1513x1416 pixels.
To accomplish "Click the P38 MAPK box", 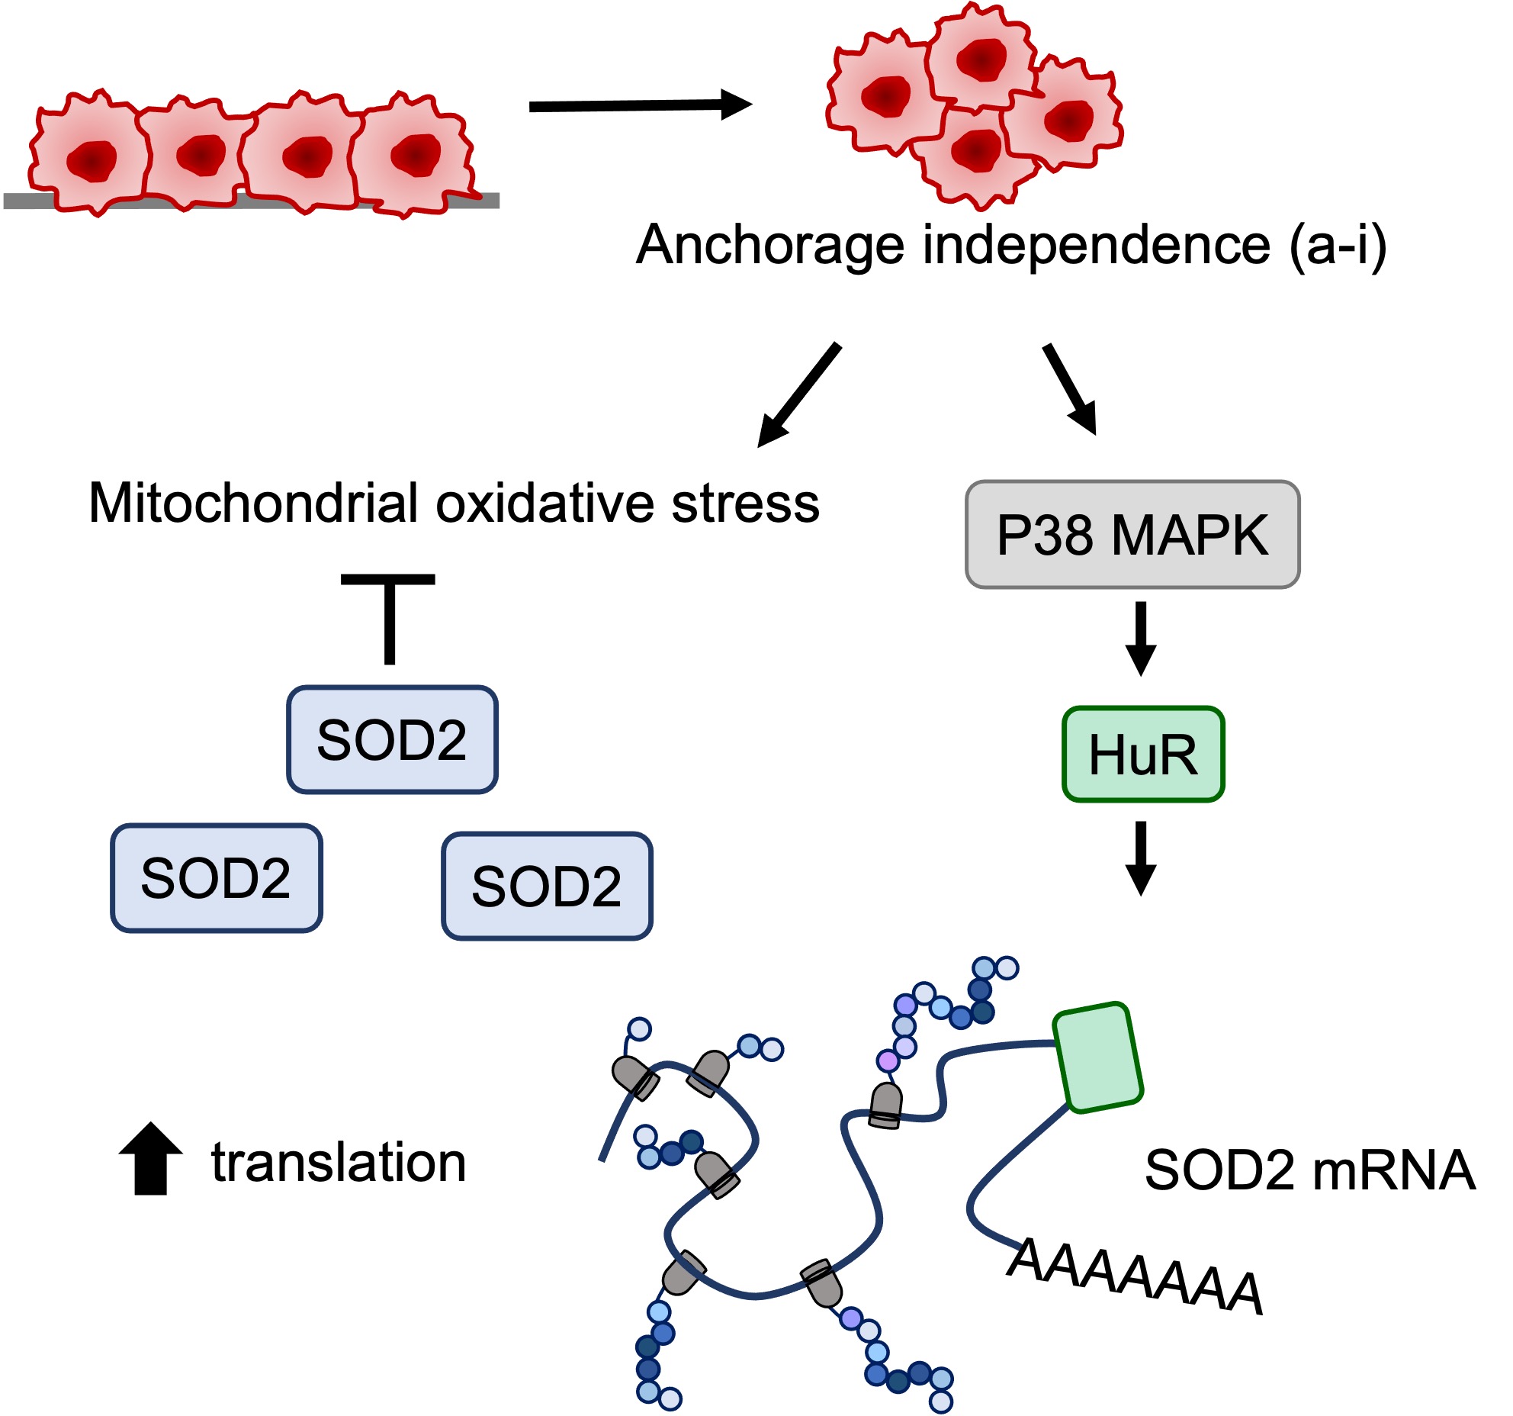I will click(1132, 535).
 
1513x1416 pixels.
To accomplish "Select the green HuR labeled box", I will click(1142, 755).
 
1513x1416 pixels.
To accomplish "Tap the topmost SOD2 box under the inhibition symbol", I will click(392, 740).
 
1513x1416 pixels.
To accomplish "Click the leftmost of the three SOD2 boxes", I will click(217, 878).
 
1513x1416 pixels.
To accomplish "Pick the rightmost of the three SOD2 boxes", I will click(547, 886).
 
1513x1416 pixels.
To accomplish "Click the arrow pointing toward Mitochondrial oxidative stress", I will click(799, 394).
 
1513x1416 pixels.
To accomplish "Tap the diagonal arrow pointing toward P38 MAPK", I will click(1069, 388).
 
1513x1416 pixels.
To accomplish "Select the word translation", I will click(339, 1163).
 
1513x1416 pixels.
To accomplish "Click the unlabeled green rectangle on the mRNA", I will click(1097, 1057).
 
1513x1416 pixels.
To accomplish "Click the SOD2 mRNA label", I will click(1309, 1170).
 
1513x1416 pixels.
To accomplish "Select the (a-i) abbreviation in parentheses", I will click(1337, 246).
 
